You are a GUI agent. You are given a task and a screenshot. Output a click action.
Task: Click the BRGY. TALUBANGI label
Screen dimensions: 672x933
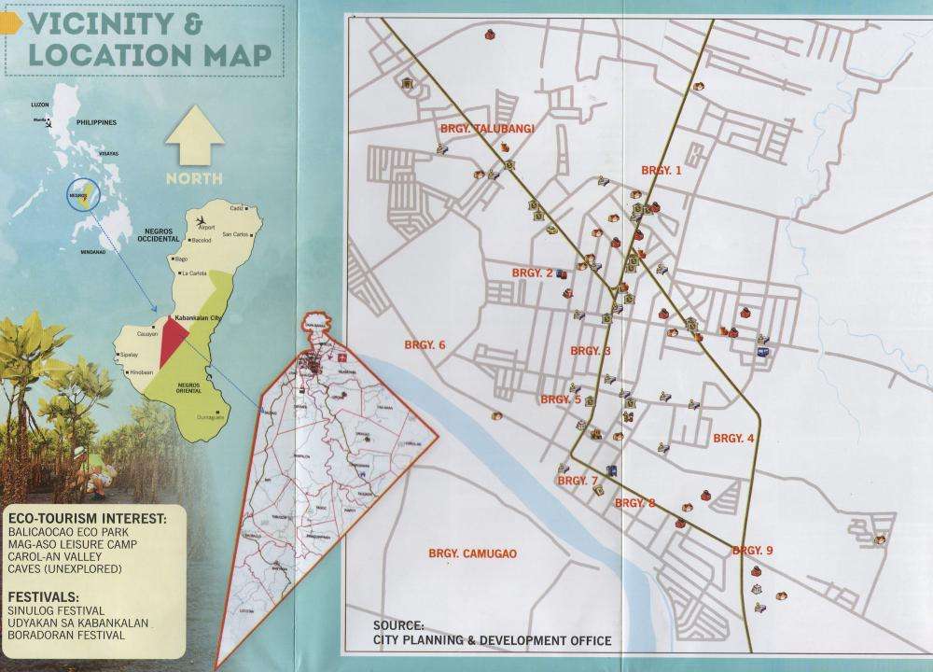coord(486,128)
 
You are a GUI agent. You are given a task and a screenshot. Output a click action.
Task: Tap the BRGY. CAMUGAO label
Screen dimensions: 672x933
coord(473,553)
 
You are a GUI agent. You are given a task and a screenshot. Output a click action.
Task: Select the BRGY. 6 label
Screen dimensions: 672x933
coord(425,345)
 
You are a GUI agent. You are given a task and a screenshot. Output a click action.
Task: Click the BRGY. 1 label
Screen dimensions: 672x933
coord(661,170)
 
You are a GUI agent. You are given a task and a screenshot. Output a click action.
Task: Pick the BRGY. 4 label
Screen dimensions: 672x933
coord(733,438)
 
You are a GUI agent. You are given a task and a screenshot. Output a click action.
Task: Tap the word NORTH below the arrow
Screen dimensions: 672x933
coord(195,178)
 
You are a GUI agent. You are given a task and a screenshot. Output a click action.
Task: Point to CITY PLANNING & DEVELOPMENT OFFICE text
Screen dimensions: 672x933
coord(492,640)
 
